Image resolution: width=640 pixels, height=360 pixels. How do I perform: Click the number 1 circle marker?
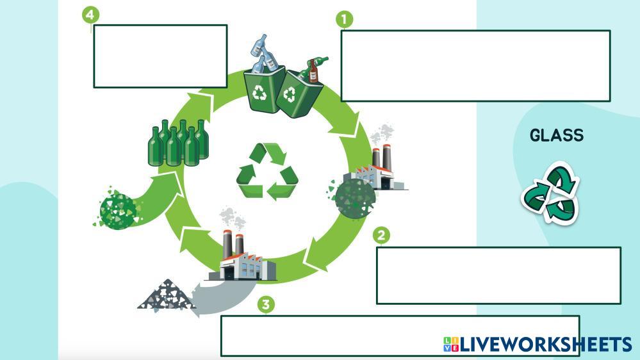click(x=345, y=20)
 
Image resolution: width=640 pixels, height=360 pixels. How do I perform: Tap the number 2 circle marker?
click(x=381, y=236)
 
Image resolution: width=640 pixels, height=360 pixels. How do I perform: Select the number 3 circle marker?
click(x=266, y=304)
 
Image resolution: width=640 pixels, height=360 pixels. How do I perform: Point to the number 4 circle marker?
click(x=92, y=15)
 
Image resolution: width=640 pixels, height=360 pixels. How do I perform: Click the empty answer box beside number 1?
click(x=475, y=65)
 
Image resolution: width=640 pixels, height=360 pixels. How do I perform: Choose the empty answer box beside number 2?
click(x=498, y=275)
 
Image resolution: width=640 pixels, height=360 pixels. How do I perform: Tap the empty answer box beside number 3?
click(x=333, y=335)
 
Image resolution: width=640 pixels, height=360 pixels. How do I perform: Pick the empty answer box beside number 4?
click(x=160, y=56)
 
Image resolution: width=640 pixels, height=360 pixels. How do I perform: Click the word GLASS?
click(x=557, y=135)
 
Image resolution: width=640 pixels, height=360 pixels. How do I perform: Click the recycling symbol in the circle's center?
click(x=267, y=172)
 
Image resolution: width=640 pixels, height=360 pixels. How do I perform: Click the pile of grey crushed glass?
click(x=167, y=295)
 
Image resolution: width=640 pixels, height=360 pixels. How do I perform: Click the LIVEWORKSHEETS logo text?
click(x=545, y=345)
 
